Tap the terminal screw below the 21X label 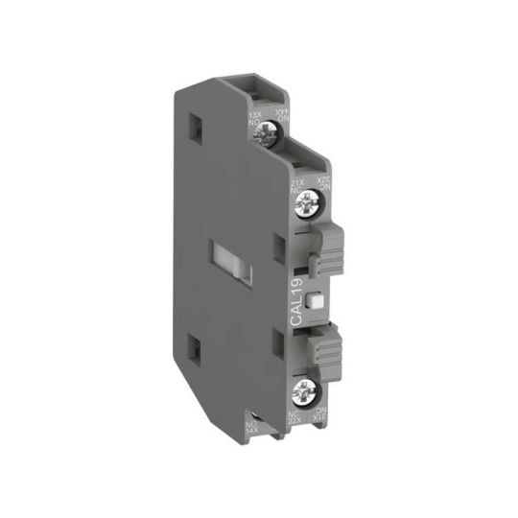(x=310, y=201)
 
